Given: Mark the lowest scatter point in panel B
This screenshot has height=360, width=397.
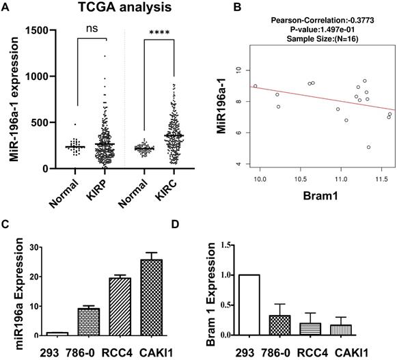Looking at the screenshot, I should [x=369, y=147].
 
